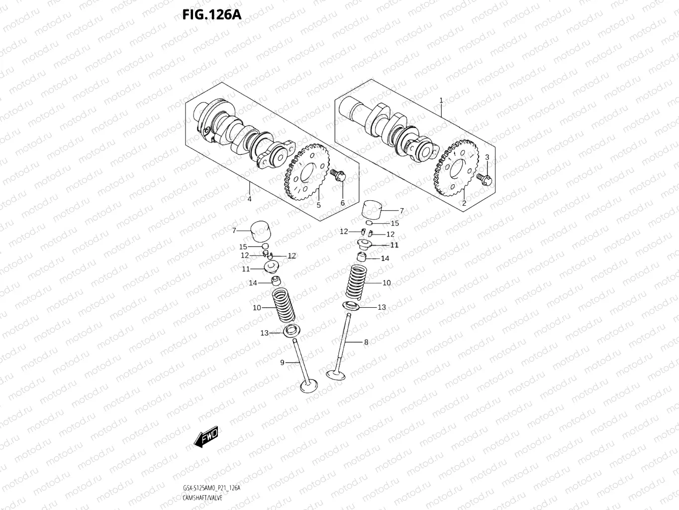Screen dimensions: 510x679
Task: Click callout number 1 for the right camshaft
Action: pyautogui.click(x=441, y=101)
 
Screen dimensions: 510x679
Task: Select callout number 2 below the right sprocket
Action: pyautogui.click(x=464, y=203)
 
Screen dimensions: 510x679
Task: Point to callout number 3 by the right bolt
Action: pyautogui.click(x=487, y=157)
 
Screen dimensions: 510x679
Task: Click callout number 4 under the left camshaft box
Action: pyautogui.click(x=249, y=199)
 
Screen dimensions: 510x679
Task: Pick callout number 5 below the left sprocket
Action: pyautogui.click(x=318, y=205)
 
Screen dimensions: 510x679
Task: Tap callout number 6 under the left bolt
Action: pyautogui.click(x=342, y=203)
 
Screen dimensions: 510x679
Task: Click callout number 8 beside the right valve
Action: pyautogui.click(x=366, y=342)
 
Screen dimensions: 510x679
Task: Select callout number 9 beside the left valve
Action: pyautogui.click(x=282, y=363)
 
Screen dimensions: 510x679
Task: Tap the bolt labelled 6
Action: pyautogui.click(x=338, y=175)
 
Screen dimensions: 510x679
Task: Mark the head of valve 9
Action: pyautogui.click(x=308, y=386)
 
